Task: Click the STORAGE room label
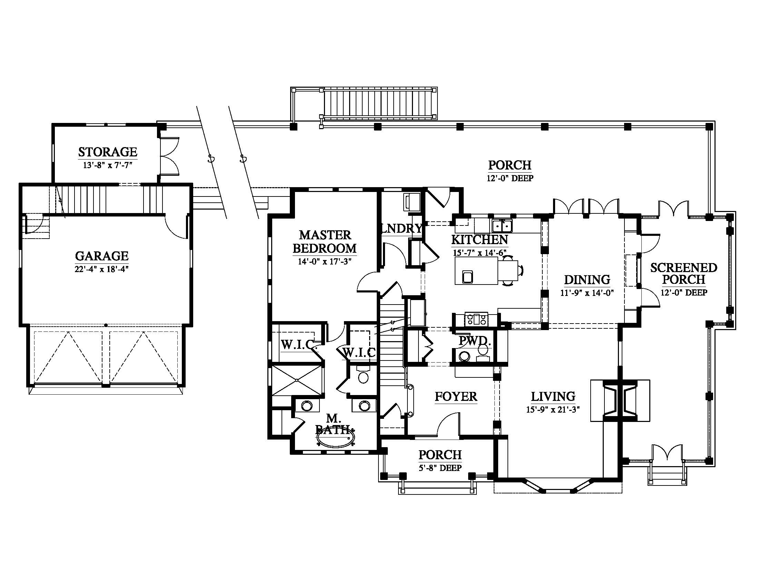coord(108,152)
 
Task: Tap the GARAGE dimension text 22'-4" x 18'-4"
coord(101,270)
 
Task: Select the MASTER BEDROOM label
coord(325,242)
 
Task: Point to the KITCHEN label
coord(480,240)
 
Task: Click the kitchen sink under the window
coord(503,227)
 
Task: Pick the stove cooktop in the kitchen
coord(476,319)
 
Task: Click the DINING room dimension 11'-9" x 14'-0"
coord(587,293)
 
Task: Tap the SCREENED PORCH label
coord(683,273)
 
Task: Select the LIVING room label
coord(553,396)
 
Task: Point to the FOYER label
coord(456,396)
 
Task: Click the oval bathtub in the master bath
coord(335,439)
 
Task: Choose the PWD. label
coord(475,341)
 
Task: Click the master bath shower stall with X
coord(297,380)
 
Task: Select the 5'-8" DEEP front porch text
coord(440,468)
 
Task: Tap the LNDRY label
coord(402,229)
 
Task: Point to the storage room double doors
coord(170,156)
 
